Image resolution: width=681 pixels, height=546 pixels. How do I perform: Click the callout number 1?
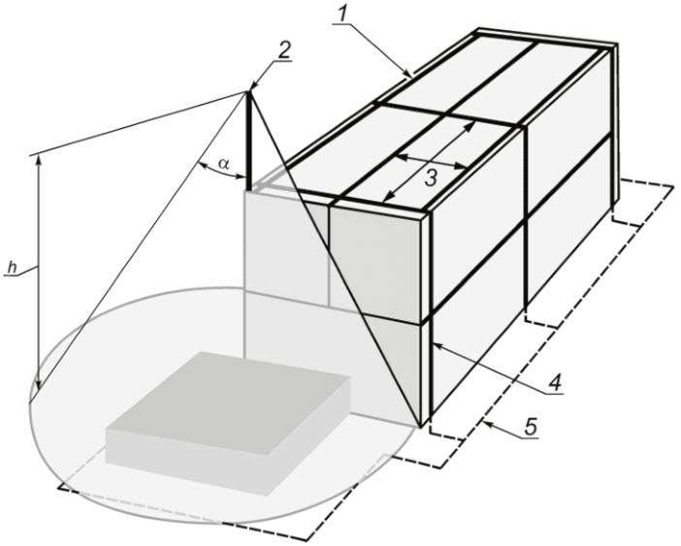[343, 15]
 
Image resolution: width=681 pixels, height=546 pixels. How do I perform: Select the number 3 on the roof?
[430, 178]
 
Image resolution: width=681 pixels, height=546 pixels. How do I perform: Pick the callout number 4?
[555, 383]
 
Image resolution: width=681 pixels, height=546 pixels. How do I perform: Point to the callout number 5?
[531, 427]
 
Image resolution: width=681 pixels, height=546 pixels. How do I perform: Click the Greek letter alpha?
[224, 164]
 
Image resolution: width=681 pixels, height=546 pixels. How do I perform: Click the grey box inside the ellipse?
[228, 423]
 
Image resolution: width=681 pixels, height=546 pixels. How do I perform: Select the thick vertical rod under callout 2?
[249, 141]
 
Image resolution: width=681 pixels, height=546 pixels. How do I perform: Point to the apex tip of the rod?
[249, 91]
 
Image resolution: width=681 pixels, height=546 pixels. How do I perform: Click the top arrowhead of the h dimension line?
[39, 159]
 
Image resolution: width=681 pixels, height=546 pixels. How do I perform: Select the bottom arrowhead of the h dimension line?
[39, 385]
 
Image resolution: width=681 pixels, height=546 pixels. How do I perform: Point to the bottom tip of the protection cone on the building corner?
[420, 427]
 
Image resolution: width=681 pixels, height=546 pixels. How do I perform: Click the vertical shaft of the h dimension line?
[39, 273]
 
